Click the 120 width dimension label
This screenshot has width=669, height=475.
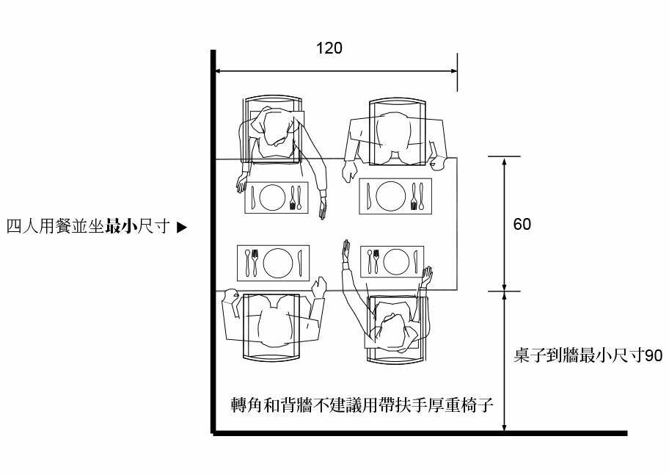point(329,48)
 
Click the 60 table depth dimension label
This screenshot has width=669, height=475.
point(522,224)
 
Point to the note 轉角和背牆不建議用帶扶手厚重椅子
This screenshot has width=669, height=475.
point(359,405)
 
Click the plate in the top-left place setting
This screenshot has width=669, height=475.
point(273,197)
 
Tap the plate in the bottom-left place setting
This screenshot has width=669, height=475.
point(278,262)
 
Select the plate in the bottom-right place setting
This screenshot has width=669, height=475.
point(397,261)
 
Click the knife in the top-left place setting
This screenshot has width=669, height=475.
point(253,197)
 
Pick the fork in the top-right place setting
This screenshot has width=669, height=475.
point(415,197)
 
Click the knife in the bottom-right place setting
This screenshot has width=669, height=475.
point(416,261)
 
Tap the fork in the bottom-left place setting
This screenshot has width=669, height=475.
point(255,262)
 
